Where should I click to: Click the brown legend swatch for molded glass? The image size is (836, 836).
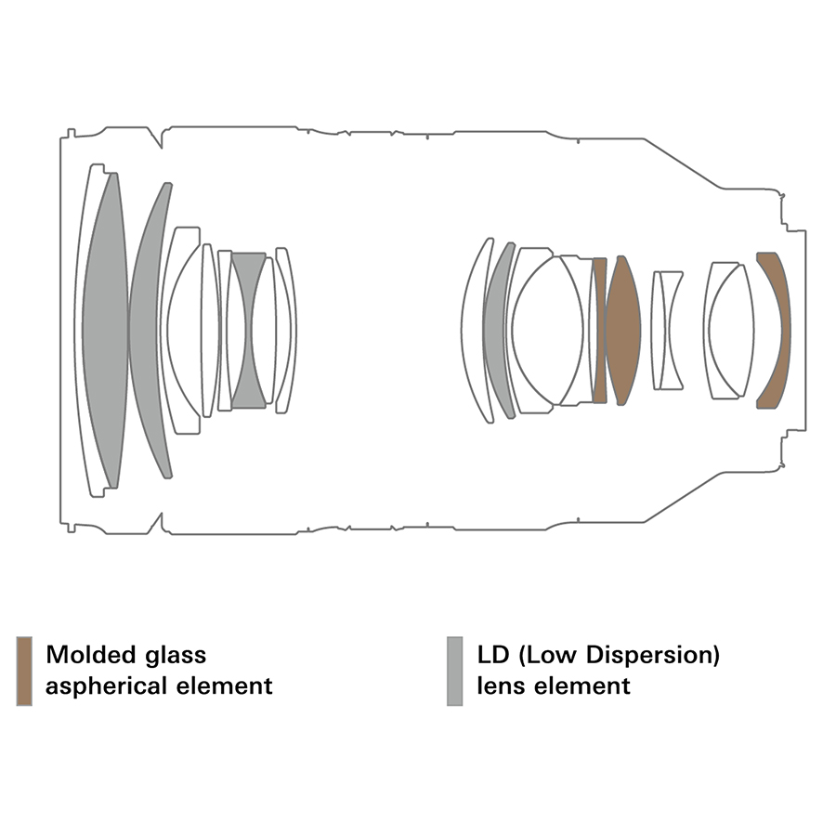tap(24, 671)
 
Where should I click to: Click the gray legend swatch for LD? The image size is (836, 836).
tap(455, 671)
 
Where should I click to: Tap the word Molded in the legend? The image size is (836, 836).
tap(91, 654)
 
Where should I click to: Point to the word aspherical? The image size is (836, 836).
tap(107, 686)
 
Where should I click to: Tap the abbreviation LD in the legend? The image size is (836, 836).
tap(494, 654)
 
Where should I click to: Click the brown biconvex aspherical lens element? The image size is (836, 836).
tap(623, 330)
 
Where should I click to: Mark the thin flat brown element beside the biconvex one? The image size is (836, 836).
tap(600, 330)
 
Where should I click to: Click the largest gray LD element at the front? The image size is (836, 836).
tap(106, 330)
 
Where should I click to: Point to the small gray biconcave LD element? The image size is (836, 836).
tap(248, 331)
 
